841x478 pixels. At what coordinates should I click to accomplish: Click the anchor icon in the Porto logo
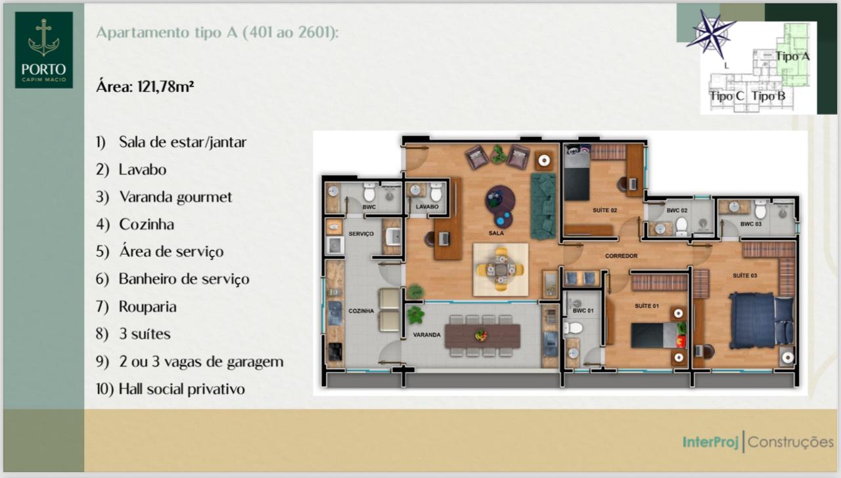(x=44, y=37)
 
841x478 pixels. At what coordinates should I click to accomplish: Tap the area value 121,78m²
(x=166, y=87)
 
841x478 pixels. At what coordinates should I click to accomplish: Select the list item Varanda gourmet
(x=175, y=198)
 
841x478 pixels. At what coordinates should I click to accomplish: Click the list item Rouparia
(x=148, y=307)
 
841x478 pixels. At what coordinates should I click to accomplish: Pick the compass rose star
(x=711, y=34)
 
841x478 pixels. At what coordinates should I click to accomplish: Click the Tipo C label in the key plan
(x=727, y=96)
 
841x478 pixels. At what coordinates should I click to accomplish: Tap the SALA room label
(x=496, y=233)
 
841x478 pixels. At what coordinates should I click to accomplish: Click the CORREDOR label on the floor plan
(x=621, y=256)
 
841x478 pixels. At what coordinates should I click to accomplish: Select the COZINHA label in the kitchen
(x=361, y=311)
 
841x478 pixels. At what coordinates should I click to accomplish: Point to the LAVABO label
(x=427, y=207)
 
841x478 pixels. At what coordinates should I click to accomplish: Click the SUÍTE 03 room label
(x=744, y=276)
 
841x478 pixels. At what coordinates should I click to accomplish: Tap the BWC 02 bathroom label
(x=677, y=211)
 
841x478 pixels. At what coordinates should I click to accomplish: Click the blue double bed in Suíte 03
(x=761, y=321)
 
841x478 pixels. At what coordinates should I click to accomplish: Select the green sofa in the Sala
(x=543, y=206)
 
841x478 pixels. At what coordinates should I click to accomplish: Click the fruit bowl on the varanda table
(x=481, y=335)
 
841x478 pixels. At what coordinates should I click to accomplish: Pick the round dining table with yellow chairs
(x=501, y=269)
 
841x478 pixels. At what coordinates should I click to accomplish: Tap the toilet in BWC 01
(x=573, y=329)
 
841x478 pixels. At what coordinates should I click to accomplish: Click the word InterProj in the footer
(x=710, y=442)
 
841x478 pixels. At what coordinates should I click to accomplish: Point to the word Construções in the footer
(x=790, y=442)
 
